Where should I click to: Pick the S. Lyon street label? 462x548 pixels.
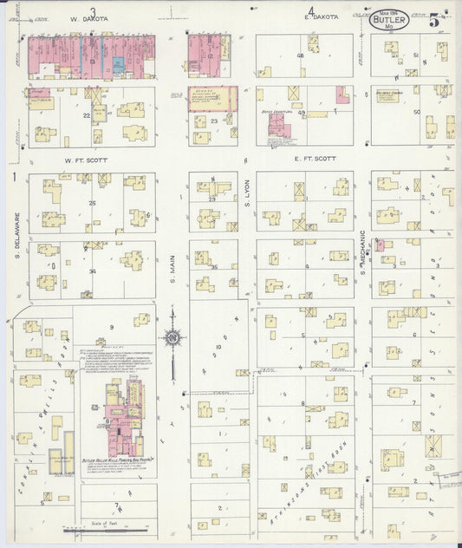tap(247, 204)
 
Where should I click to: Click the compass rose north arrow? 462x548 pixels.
tap(172, 337)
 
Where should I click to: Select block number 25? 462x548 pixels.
tap(92, 203)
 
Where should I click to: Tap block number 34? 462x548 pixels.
tap(92, 271)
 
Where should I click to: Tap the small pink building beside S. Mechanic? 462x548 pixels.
tap(380, 245)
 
